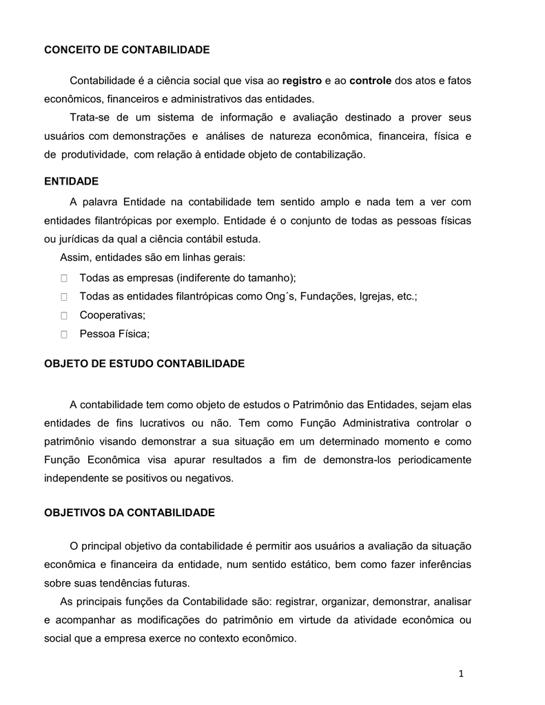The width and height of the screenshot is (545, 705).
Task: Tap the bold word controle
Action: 370,81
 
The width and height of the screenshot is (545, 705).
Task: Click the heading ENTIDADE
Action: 72,181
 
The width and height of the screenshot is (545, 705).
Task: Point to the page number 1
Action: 461,673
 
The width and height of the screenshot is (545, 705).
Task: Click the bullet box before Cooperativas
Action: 63,315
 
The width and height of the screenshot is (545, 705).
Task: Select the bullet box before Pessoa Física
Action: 63,335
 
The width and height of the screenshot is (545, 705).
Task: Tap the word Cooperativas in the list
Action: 112,315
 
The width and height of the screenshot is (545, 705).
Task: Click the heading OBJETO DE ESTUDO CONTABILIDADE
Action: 145,363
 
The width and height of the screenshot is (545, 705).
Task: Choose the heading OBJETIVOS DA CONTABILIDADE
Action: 130,513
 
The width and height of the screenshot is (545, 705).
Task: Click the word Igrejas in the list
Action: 373,296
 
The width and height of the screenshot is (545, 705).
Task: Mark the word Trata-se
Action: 88,116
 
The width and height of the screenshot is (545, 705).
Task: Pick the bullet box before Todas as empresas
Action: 63,278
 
